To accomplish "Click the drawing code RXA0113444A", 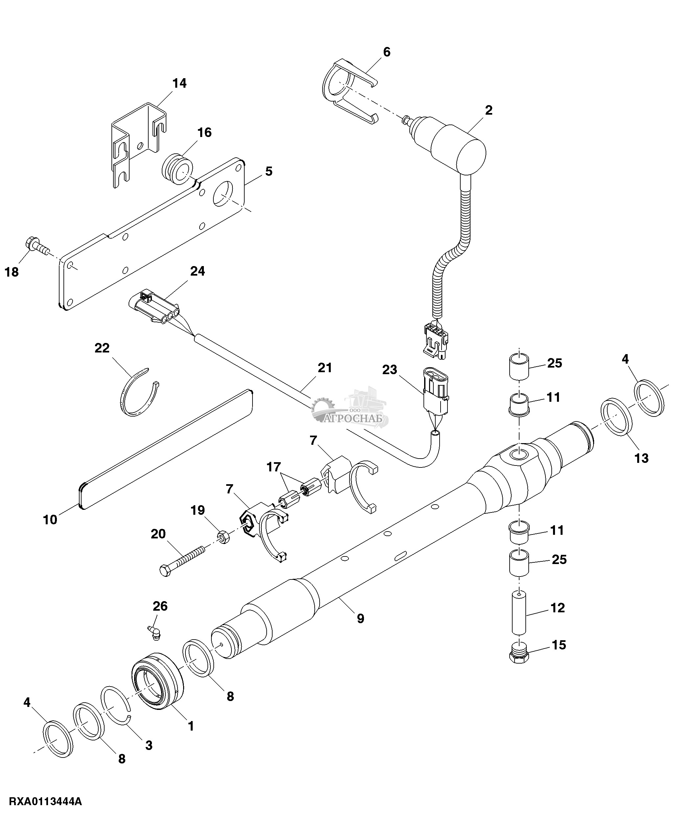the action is click(x=45, y=801).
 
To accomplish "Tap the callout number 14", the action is click(x=180, y=83).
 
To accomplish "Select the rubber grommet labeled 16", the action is click(x=178, y=170).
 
